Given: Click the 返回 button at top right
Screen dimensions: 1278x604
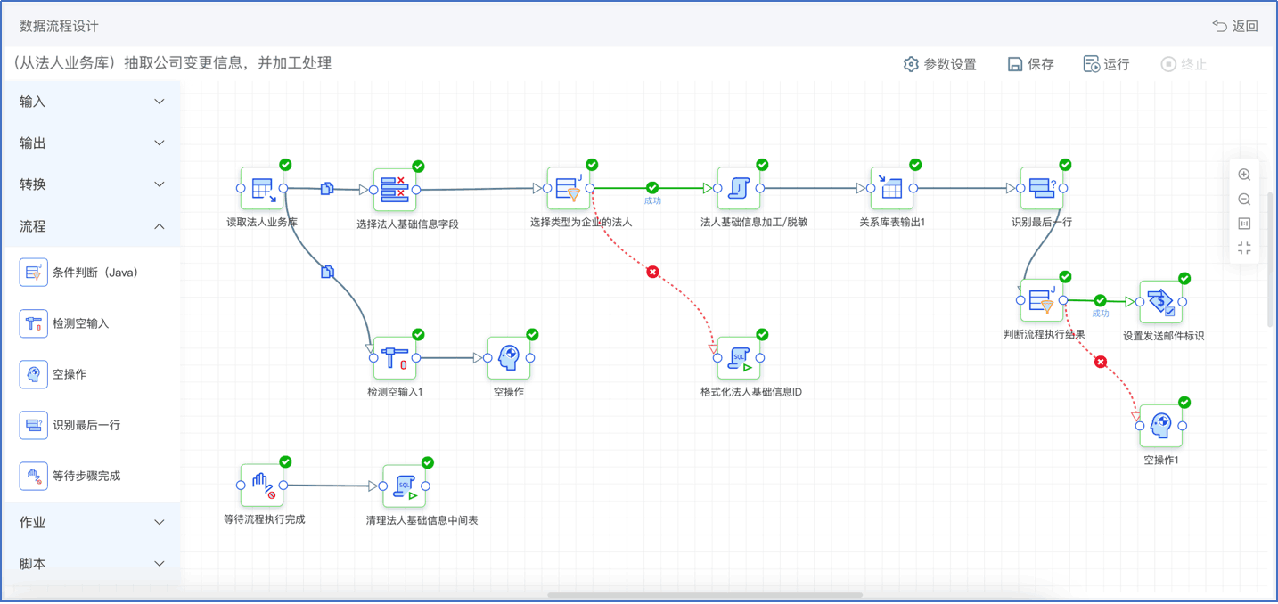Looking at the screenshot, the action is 1235,26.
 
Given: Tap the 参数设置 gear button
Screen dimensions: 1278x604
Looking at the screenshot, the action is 939,64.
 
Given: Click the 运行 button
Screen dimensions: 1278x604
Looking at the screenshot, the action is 1106,64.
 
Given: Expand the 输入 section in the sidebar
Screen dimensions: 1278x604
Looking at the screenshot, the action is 91,102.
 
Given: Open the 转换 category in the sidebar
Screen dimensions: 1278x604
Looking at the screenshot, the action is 91,184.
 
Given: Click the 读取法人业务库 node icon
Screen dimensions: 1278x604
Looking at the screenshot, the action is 262,188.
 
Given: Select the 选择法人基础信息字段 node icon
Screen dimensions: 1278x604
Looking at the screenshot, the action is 395,190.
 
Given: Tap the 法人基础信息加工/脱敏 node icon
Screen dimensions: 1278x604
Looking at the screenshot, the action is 739,188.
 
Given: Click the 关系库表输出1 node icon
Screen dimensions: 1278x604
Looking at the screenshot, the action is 892,188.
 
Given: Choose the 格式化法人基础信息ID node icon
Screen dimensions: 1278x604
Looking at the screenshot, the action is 739,357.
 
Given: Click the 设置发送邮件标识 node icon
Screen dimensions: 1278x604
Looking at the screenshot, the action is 1161,302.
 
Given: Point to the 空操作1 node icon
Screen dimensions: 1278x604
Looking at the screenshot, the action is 1161,426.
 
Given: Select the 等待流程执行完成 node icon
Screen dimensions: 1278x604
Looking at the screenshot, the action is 262,485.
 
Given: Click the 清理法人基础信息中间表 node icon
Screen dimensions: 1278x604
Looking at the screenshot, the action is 404,486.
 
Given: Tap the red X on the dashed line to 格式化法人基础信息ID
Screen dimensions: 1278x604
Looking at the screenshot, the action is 652,272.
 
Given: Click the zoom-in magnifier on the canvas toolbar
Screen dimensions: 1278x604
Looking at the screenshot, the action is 1244,175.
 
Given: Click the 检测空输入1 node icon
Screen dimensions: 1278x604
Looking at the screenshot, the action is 395,357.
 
